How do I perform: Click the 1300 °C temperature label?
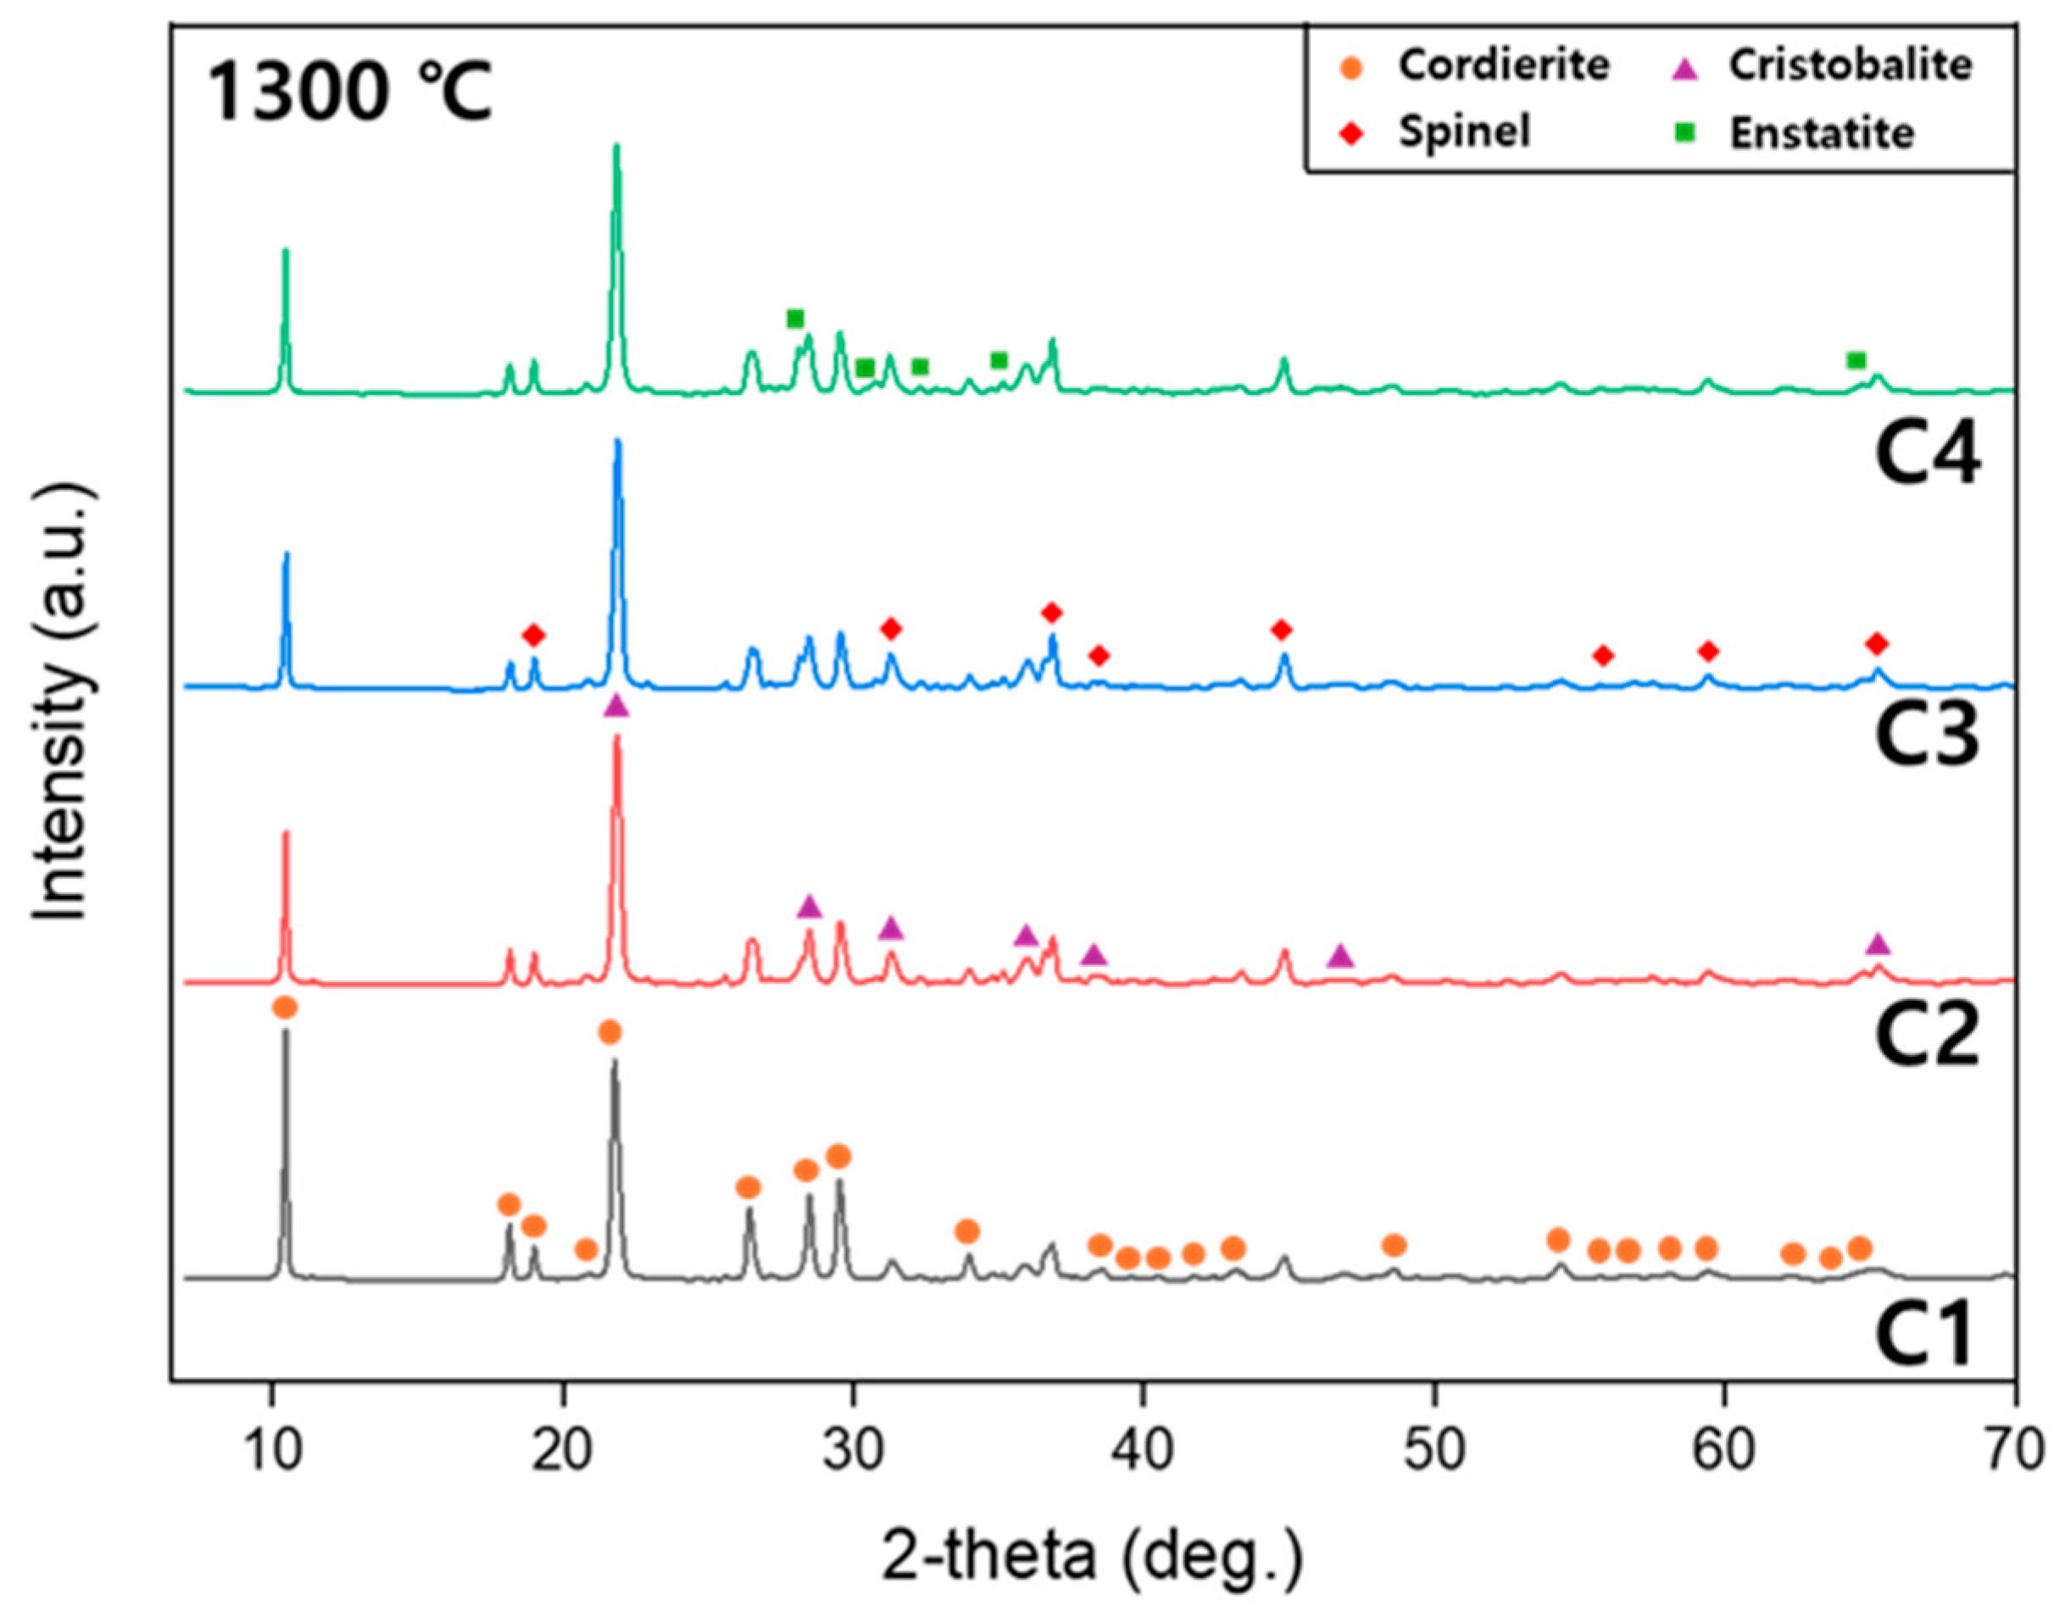pos(349,92)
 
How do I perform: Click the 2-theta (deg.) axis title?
pos(1092,1555)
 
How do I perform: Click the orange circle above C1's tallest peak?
pos(285,1008)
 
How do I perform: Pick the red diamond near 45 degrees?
pos(1281,630)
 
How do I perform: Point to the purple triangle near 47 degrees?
pos(1339,957)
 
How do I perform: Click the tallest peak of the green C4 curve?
pos(616,147)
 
